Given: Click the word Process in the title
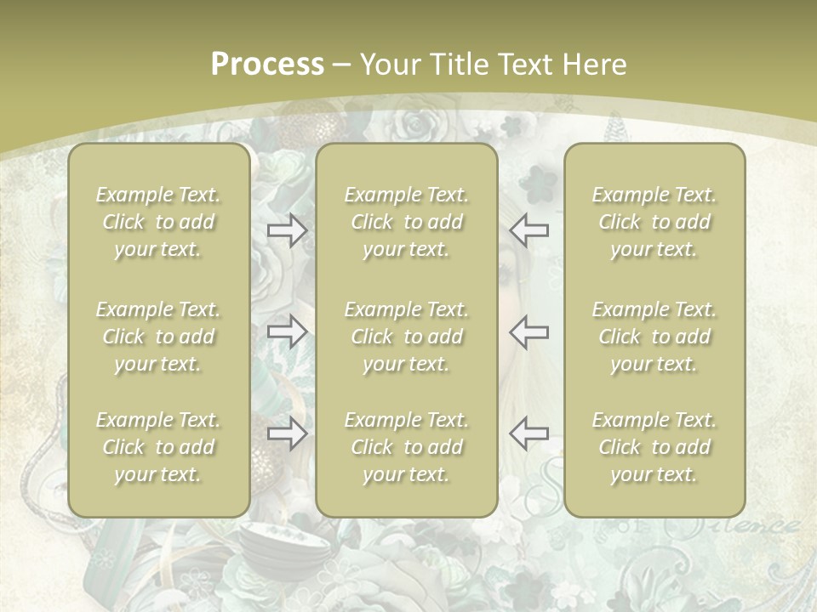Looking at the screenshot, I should pos(267,65).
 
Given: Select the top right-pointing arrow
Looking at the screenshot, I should pos(287,230).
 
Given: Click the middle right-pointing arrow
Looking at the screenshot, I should pos(287,331).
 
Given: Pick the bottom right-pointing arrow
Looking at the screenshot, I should pos(287,434).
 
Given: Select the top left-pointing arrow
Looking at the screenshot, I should pos(528,230).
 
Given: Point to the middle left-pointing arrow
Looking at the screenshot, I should pos(528,331).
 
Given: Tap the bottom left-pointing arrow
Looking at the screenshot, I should pos(528,433).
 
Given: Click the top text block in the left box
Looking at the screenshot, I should pos(158,222).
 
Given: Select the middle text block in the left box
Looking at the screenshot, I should pos(158,337).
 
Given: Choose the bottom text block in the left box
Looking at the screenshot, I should pos(158,447).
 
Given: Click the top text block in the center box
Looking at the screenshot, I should pos(407,222).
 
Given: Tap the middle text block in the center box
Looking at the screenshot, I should pos(407,337).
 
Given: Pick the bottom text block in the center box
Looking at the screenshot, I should pos(407,447).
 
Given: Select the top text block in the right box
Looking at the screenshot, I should pos(654,222).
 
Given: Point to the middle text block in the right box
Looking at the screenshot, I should pos(654,337).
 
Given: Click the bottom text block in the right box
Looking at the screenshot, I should pos(654,447).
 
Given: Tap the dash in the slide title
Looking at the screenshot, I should pos(342,65).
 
